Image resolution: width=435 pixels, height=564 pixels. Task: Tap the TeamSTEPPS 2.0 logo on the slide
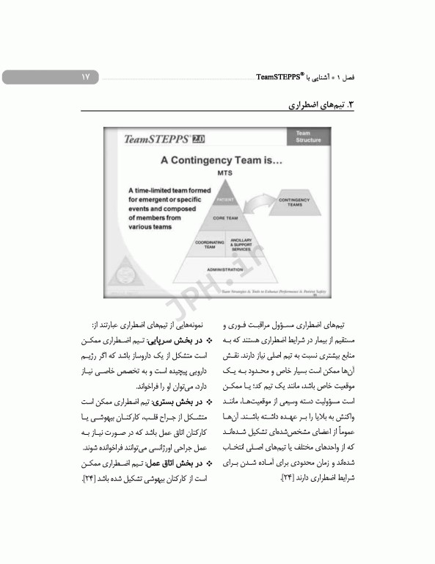pos(164,139)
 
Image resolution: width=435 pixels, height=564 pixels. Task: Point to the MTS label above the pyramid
pos(224,173)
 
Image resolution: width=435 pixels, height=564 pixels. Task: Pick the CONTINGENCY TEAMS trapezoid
pos(293,203)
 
